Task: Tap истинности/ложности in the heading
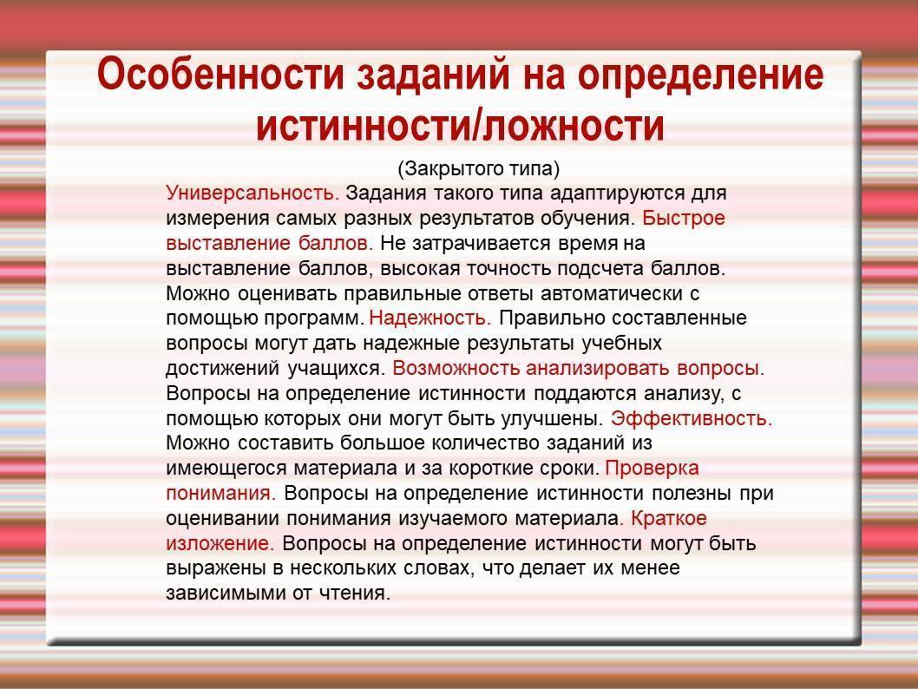pyautogui.click(x=460, y=126)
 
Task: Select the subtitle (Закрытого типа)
pyautogui.click(x=479, y=169)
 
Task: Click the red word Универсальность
pyautogui.click(x=252, y=194)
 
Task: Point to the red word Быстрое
pyautogui.click(x=684, y=219)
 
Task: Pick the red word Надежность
pyautogui.click(x=430, y=318)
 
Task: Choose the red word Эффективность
pyautogui.click(x=692, y=418)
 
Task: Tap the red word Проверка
pyautogui.click(x=652, y=469)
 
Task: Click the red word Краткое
pyautogui.click(x=669, y=518)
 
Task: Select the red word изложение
pyautogui.click(x=220, y=544)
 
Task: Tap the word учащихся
pyautogui.click(x=336, y=369)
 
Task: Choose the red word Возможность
pyautogui.click(x=456, y=368)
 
